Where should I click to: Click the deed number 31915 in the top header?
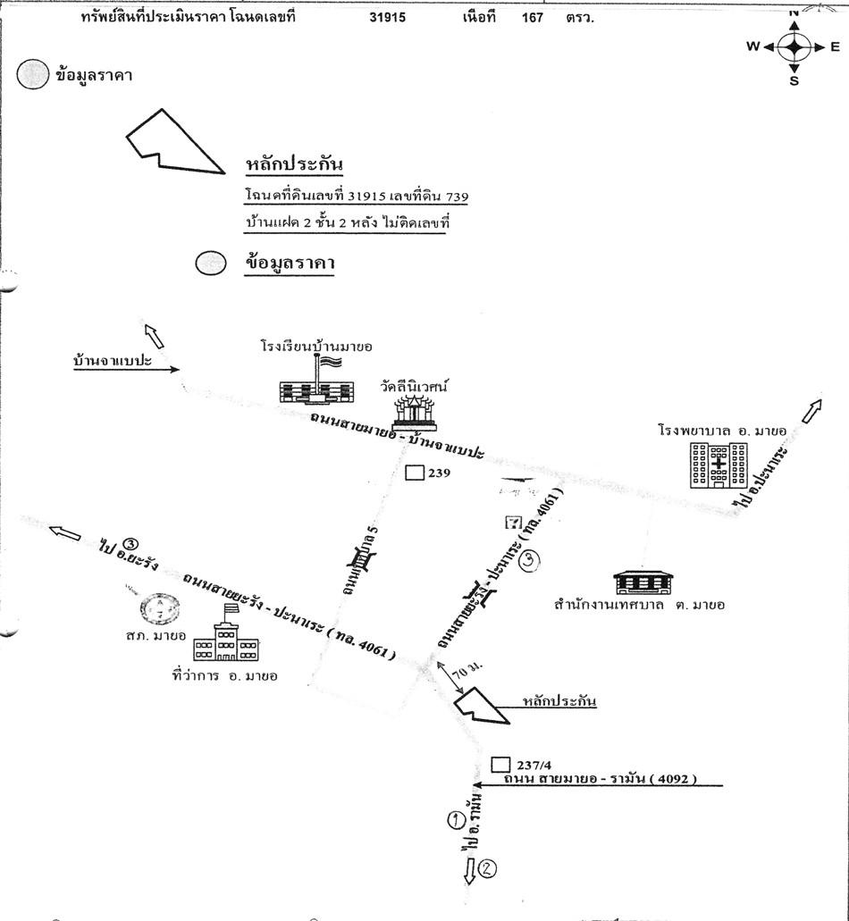pyautogui.click(x=387, y=17)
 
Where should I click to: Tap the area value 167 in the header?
pyautogui.click(x=534, y=17)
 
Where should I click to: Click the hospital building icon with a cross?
pyautogui.click(x=719, y=464)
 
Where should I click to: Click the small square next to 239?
pyautogui.click(x=414, y=473)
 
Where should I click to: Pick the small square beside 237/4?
pyautogui.click(x=501, y=765)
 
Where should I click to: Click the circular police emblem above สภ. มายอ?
pyautogui.click(x=161, y=609)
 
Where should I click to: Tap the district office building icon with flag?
pyautogui.click(x=226, y=639)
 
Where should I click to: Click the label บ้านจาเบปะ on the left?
pyautogui.click(x=113, y=362)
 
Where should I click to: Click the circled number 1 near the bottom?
pyautogui.click(x=457, y=817)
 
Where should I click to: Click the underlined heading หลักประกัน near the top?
pyautogui.click(x=294, y=164)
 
